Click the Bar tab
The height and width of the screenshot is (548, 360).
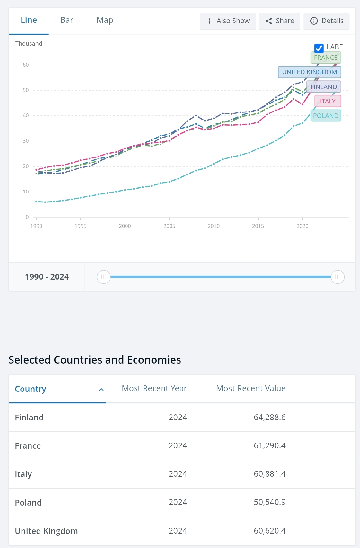pos(67,20)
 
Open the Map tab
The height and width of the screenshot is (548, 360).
pos(105,20)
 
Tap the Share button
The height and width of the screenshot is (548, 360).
pos(280,21)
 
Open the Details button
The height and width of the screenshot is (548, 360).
pos(327,21)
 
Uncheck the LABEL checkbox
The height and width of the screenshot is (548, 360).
pos(319,48)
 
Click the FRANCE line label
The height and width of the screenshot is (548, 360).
pos(326,58)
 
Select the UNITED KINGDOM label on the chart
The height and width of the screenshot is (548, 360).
pos(309,72)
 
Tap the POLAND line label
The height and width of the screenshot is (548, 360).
pos(326,116)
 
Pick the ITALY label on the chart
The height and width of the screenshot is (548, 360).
pos(328,101)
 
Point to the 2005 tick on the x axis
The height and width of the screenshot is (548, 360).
pos(169,226)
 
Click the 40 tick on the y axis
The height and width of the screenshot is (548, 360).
pos(26,115)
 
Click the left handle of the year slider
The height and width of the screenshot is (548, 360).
pos(103,277)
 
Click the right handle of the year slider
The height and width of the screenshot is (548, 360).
pos(338,277)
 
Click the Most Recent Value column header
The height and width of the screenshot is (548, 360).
pos(251,389)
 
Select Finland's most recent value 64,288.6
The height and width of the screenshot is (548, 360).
pos(269,417)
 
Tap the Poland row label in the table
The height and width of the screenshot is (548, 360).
pos(28,503)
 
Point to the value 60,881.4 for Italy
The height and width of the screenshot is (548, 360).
pos(269,474)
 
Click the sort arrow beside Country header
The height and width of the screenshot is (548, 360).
pos(101,390)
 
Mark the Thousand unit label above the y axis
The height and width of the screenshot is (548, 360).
pos(29,44)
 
